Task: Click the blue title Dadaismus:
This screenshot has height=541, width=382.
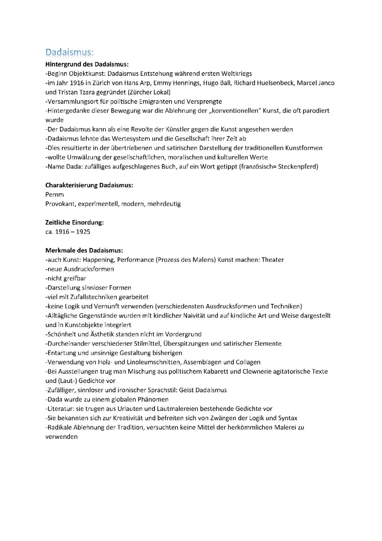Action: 69,52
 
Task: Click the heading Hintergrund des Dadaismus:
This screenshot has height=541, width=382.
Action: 87,64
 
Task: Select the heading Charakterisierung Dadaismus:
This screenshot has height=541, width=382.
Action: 89,185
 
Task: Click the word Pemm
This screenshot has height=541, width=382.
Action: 54,195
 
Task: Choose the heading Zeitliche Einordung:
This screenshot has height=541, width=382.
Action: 74,222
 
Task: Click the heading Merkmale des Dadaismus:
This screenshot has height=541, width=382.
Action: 84,250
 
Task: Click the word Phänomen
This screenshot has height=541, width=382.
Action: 153,399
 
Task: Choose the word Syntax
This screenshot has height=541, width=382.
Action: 288,418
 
